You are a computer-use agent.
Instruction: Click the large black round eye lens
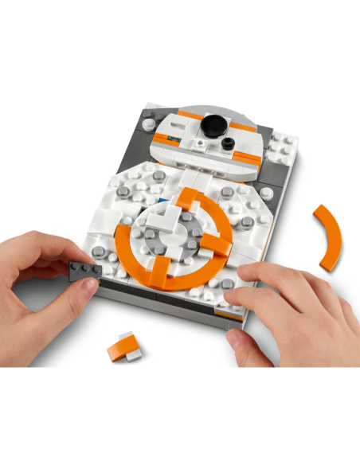tap(213, 124)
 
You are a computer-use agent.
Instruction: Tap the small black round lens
tap(229, 144)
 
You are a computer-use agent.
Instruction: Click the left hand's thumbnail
tap(80, 295)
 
